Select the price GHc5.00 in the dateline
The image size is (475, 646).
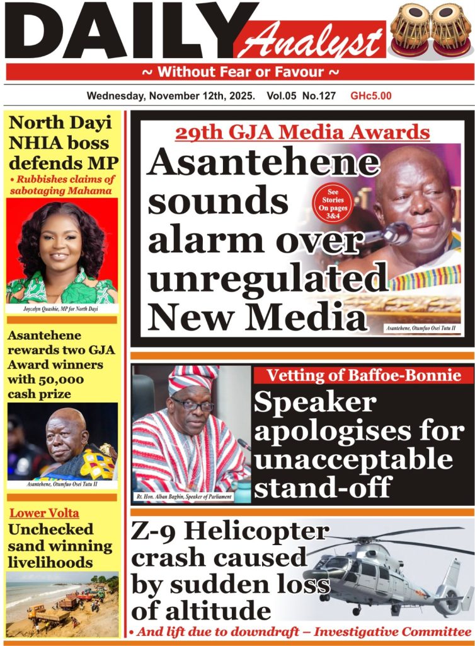click(371, 97)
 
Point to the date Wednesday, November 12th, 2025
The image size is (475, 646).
click(171, 97)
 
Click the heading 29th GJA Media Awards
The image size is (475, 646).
click(302, 132)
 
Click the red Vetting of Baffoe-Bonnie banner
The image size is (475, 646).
click(362, 375)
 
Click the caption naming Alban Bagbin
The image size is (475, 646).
click(184, 497)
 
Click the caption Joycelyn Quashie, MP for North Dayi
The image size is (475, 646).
click(62, 309)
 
